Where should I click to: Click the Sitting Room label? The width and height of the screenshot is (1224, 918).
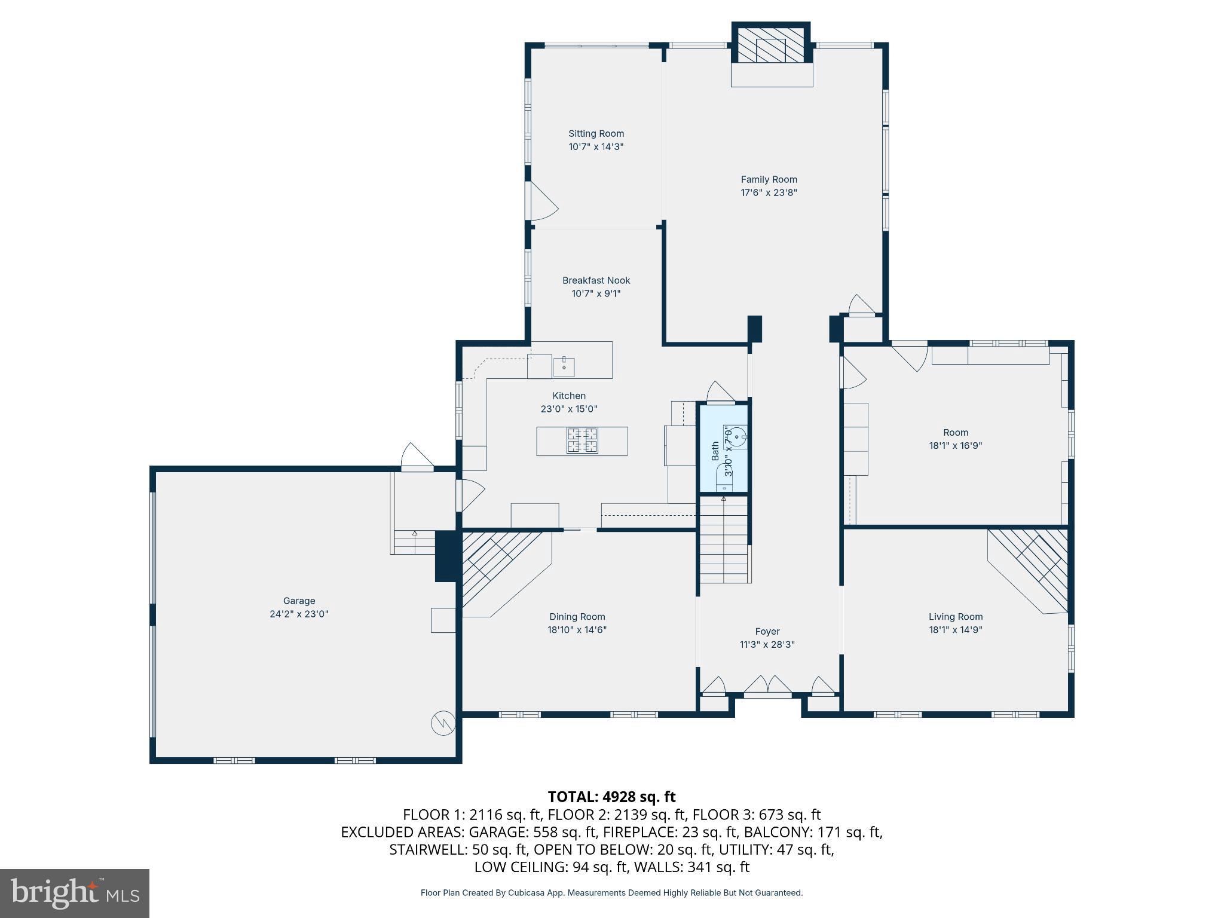[x=596, y=134]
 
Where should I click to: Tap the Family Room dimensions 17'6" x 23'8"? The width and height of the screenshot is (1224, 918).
[x=769, y=192]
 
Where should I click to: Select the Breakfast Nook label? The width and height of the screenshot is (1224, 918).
[x=596, y=280]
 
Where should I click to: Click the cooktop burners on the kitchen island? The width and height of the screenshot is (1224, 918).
[x=582, y=441]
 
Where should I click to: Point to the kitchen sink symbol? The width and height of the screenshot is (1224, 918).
[x=564, y=366]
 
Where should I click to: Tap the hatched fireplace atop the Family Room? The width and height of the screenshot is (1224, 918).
[x=771, y=45]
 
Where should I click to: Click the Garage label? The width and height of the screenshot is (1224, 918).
[x=299, y=601]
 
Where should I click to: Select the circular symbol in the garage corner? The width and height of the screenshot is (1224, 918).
[x=443, y=723]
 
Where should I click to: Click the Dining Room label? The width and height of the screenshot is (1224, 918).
[x=577, y=617]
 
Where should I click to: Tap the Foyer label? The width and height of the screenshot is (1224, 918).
[x=767, y=631]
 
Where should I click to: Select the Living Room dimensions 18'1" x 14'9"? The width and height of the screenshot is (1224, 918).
[x=955, y=629]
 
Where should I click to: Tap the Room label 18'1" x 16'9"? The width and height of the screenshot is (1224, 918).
[x=955, y=433]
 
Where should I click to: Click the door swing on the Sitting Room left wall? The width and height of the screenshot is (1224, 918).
[x=541, y=200]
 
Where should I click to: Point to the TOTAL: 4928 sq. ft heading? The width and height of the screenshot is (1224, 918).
[x=611, y=797]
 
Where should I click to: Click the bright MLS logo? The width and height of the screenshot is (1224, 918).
[x=75, y=893]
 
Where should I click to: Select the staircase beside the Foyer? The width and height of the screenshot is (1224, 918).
[x=724, y=541]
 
